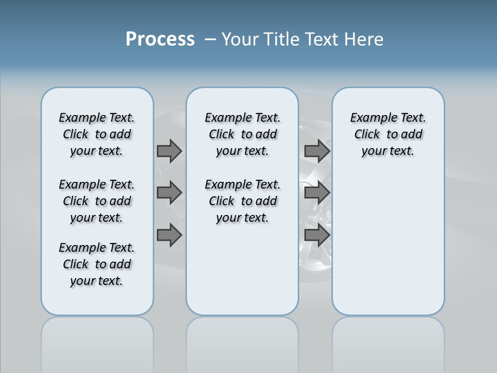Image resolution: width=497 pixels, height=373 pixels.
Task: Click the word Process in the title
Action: [160, 39]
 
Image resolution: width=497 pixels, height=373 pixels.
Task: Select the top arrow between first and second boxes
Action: [169, 151]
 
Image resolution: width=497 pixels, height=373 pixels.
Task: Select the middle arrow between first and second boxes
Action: [169, 193]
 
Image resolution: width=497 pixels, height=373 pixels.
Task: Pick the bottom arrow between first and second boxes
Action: [169, 235]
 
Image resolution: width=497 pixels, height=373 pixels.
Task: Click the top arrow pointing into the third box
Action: [317, 151]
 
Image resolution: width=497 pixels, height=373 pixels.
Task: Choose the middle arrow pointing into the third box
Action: [317, 193]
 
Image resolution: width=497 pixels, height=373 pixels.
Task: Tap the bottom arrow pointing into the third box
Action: [317, 235]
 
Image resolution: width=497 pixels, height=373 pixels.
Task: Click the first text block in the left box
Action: [97, 134]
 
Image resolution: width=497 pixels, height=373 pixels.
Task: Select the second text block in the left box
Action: [97, 201]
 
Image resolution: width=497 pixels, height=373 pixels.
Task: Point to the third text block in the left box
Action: [97, 264]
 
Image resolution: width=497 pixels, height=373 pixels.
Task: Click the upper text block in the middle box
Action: [242, 134]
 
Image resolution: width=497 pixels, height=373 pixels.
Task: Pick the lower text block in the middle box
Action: [242, 201]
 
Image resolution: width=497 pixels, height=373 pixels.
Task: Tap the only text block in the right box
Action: [388, 134]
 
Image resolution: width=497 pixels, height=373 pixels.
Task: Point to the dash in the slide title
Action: [210, 40]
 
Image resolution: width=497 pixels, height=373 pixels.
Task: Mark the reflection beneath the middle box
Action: [242, 342]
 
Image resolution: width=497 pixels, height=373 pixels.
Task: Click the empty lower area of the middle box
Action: [242, 269]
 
